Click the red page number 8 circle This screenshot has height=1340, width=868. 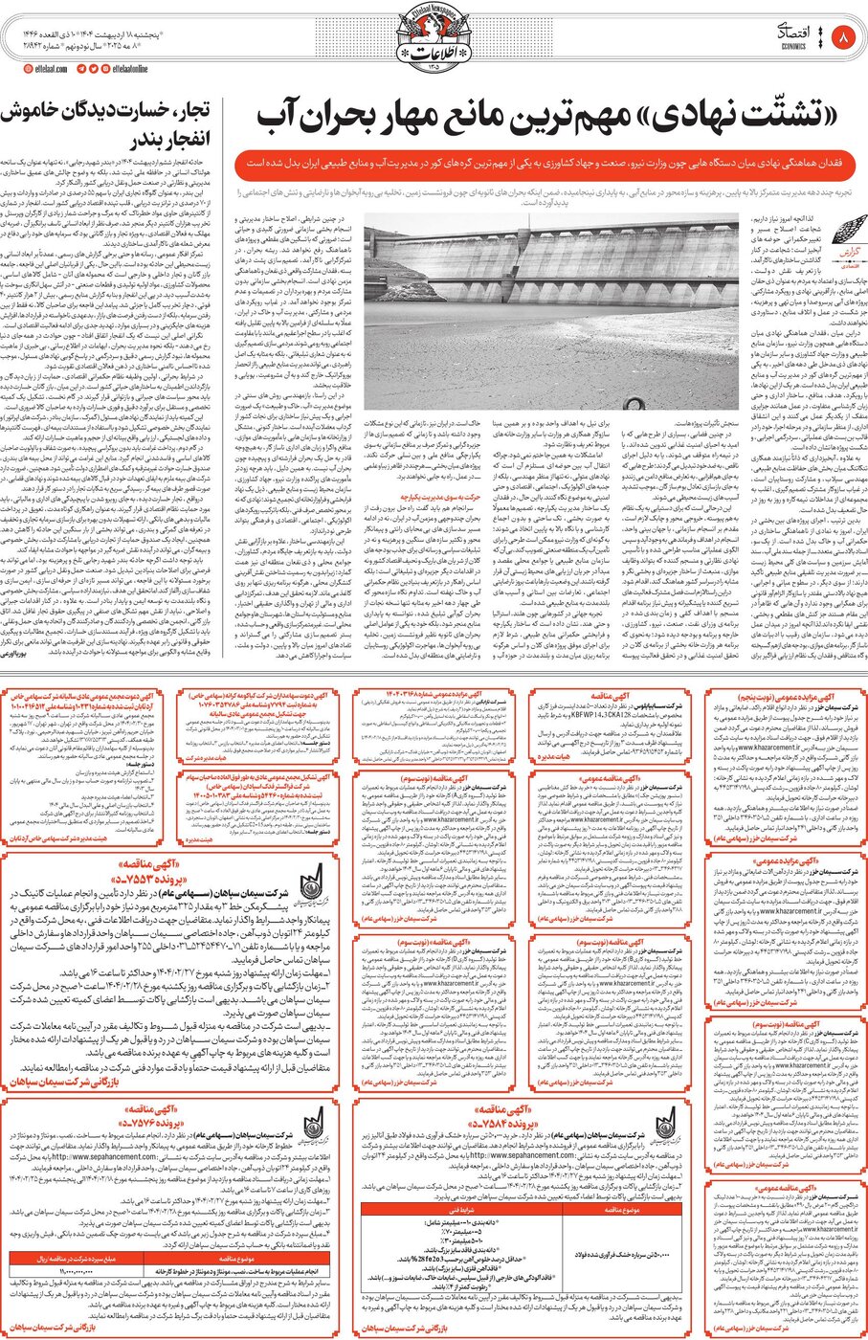click(x=842, y=38)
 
